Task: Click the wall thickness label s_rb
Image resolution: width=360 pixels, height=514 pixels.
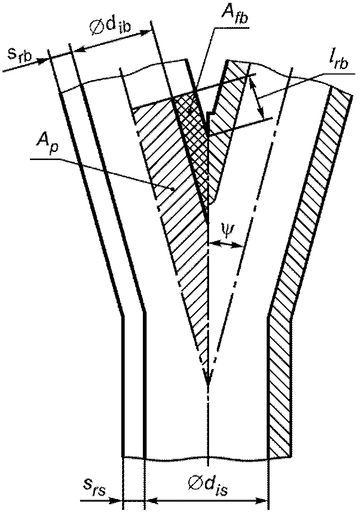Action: pyautogui.click(x=20, y=56)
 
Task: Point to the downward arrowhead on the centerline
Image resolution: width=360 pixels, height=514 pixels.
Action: pyautogui.click(x=207, y=380)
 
